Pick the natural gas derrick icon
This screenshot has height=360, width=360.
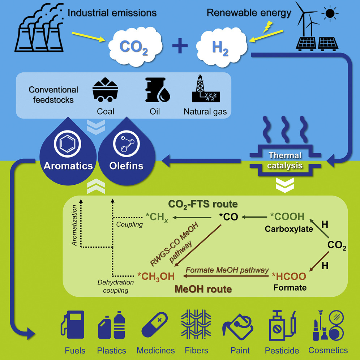coord(205,90)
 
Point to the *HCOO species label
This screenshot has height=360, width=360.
coord(289,277)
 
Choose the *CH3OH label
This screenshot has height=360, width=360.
coord(156,277)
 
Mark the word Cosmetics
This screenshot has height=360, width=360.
coord(328,350)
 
